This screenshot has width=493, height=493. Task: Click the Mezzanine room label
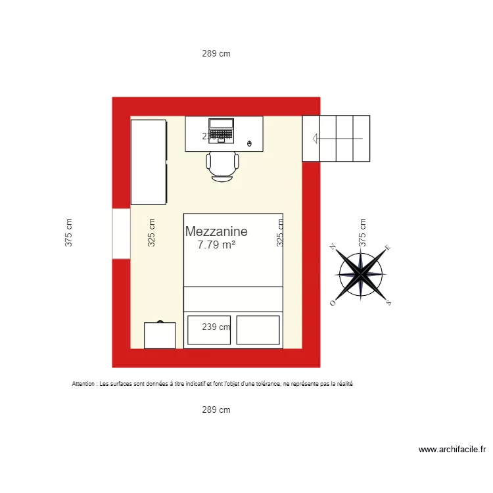point(216,231)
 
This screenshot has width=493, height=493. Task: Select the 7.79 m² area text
point(216,245)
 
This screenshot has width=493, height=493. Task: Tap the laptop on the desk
point(221,129)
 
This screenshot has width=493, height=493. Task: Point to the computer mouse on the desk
point(248,143)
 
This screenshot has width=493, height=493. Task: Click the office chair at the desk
point(222,166)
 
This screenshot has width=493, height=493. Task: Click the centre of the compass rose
point(361,274)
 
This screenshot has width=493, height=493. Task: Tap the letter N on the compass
point(333,247)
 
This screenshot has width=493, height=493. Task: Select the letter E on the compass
point(388,248)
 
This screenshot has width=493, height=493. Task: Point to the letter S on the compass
point(388,302)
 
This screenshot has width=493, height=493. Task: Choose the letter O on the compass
point(333,303)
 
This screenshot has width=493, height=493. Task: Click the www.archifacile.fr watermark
point(452,450)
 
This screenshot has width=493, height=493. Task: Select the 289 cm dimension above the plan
point(216,54)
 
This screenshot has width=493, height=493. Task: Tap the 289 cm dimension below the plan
point(216,410)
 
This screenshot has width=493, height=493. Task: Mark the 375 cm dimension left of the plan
point(68,233)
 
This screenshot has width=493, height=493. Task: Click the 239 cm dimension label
point(216,327)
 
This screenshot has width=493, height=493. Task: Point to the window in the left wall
point(121,233)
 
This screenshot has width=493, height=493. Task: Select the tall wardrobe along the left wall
point(149,162)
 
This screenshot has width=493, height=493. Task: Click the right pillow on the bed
point(258,330)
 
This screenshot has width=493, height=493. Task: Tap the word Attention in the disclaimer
point(84,384)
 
